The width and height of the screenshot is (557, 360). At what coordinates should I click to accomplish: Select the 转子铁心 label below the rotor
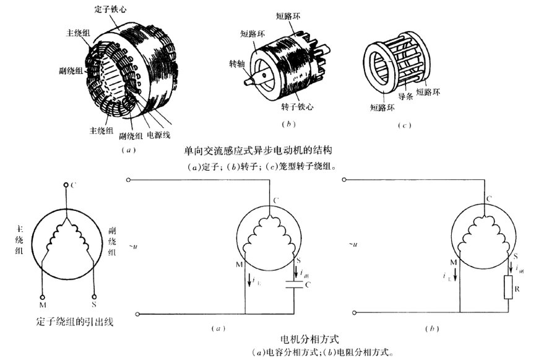297,106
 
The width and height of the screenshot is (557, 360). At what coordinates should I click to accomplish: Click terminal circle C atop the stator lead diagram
66,185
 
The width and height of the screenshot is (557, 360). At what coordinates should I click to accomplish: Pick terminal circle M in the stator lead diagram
43,294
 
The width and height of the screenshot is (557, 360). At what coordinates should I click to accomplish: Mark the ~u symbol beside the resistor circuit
355,246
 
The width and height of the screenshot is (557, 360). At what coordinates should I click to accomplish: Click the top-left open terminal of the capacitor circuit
128,181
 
